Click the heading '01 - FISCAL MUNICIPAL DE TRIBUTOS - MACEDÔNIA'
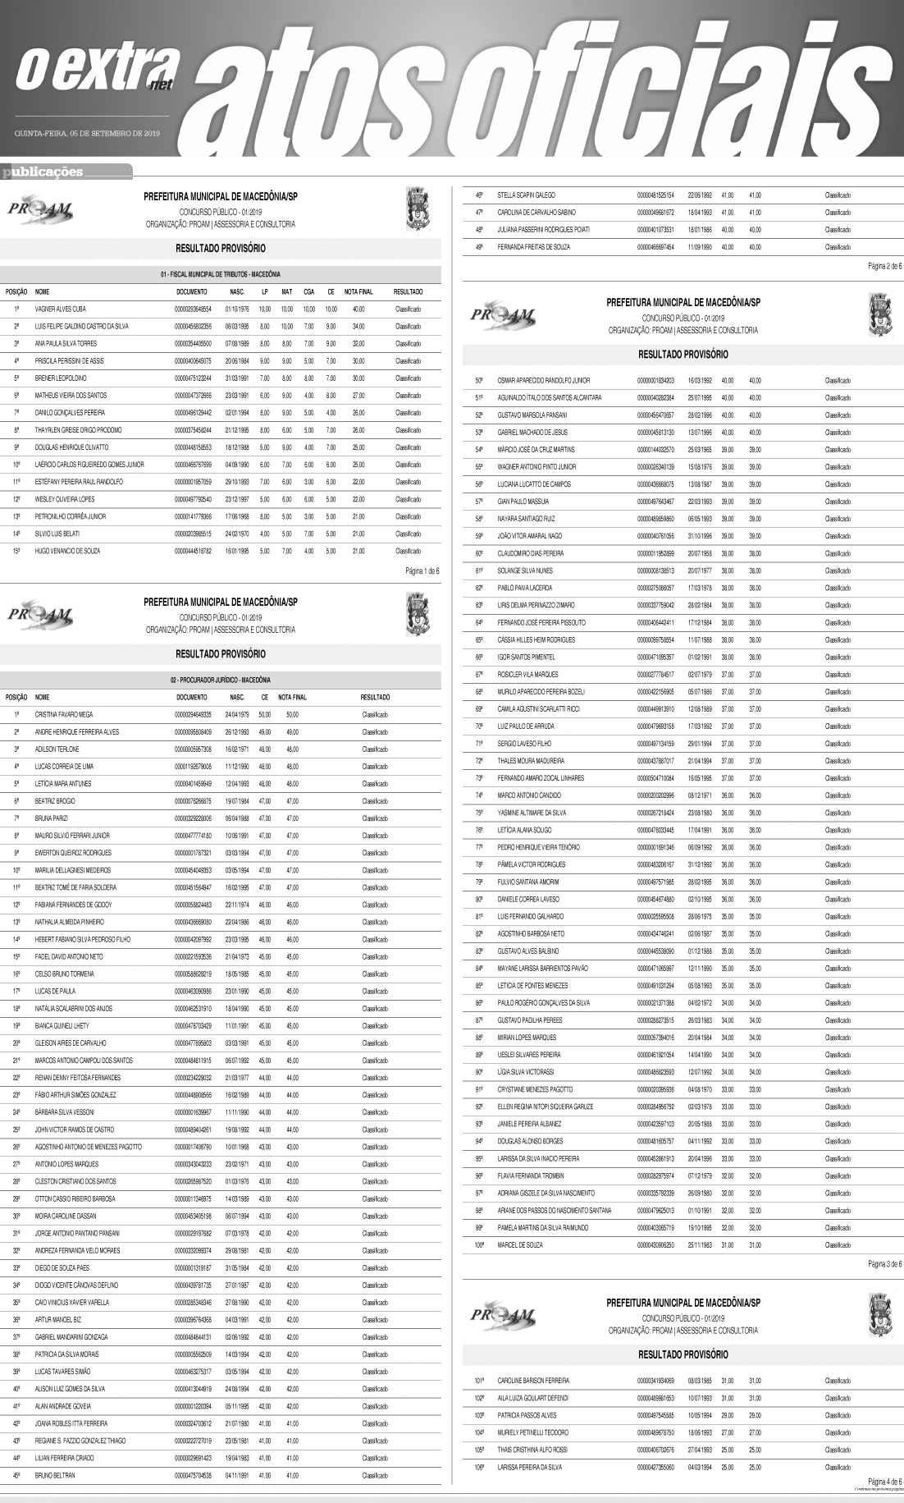[221, 273]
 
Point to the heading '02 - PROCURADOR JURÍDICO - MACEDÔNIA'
[221, 680]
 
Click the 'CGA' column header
[308, 291]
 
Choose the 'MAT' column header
[286, 291]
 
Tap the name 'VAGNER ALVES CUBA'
[61, 309]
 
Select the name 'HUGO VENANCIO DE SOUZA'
[67, 551]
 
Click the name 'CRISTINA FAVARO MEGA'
[64, 715]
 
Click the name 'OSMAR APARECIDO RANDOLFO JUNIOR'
[544, 381]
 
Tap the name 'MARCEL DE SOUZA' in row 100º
[520, 1245]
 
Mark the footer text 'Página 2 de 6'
[884, 266]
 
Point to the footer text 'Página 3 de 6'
[884, 1264]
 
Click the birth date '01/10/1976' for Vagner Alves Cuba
[237, 309]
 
